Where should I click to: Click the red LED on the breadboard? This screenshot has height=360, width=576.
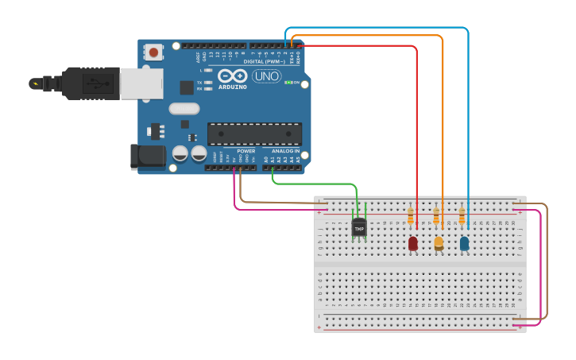point(413,243)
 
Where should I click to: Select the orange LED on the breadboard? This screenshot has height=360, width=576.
point(439,243)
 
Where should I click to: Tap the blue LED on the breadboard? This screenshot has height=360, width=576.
point(464,243)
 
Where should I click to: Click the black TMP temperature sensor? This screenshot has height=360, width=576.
point(359,228)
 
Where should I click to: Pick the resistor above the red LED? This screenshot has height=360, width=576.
point(411,215)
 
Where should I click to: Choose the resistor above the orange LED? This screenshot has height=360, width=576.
point(436,215)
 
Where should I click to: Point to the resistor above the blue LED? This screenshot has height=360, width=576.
point(462,215)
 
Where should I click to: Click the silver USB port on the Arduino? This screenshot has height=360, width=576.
point(141,83)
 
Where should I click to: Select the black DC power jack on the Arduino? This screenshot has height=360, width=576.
point(148,156)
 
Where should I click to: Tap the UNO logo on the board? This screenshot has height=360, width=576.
point(266,76)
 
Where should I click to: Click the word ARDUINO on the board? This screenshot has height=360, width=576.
point(232,87)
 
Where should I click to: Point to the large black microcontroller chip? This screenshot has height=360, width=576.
point(254,134)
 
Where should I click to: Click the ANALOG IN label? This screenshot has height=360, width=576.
point(285,150)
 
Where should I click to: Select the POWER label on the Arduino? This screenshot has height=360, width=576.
point(246,150)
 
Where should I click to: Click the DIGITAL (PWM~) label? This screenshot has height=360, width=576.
point(265,61)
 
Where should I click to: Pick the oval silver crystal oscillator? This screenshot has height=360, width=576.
point(184,109)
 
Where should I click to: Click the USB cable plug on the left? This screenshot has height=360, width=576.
point(79,83)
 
